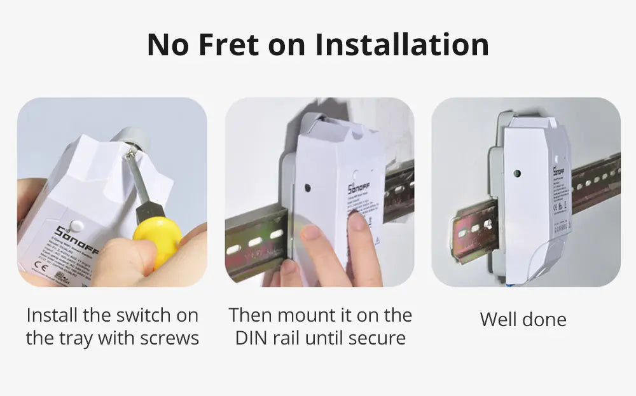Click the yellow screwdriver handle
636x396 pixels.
(156, 241)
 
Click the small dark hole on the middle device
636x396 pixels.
(308, 189)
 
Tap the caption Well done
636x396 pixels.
(523, 319)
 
